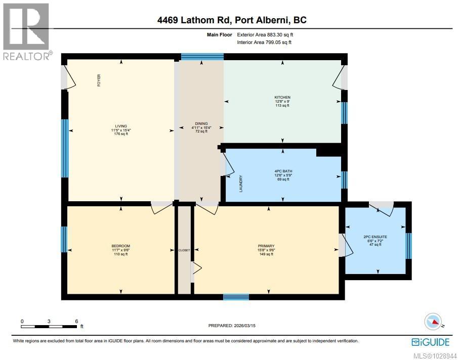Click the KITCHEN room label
coord(282,97)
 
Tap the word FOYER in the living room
coord(99,80)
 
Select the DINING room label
coord(201,123)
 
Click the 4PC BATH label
coord(283,171)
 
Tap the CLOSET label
coord(184,250)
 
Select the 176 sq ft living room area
coord(120,134)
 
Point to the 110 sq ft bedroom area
coord(120,254)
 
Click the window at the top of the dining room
coord(202,57)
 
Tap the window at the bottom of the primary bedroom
coord(236,297)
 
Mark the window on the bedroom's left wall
coord(64,239)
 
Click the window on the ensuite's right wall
coord(409,245)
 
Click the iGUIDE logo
coord(430,342)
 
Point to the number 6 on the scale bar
coord(76,321)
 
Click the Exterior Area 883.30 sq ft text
coord(265,35)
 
